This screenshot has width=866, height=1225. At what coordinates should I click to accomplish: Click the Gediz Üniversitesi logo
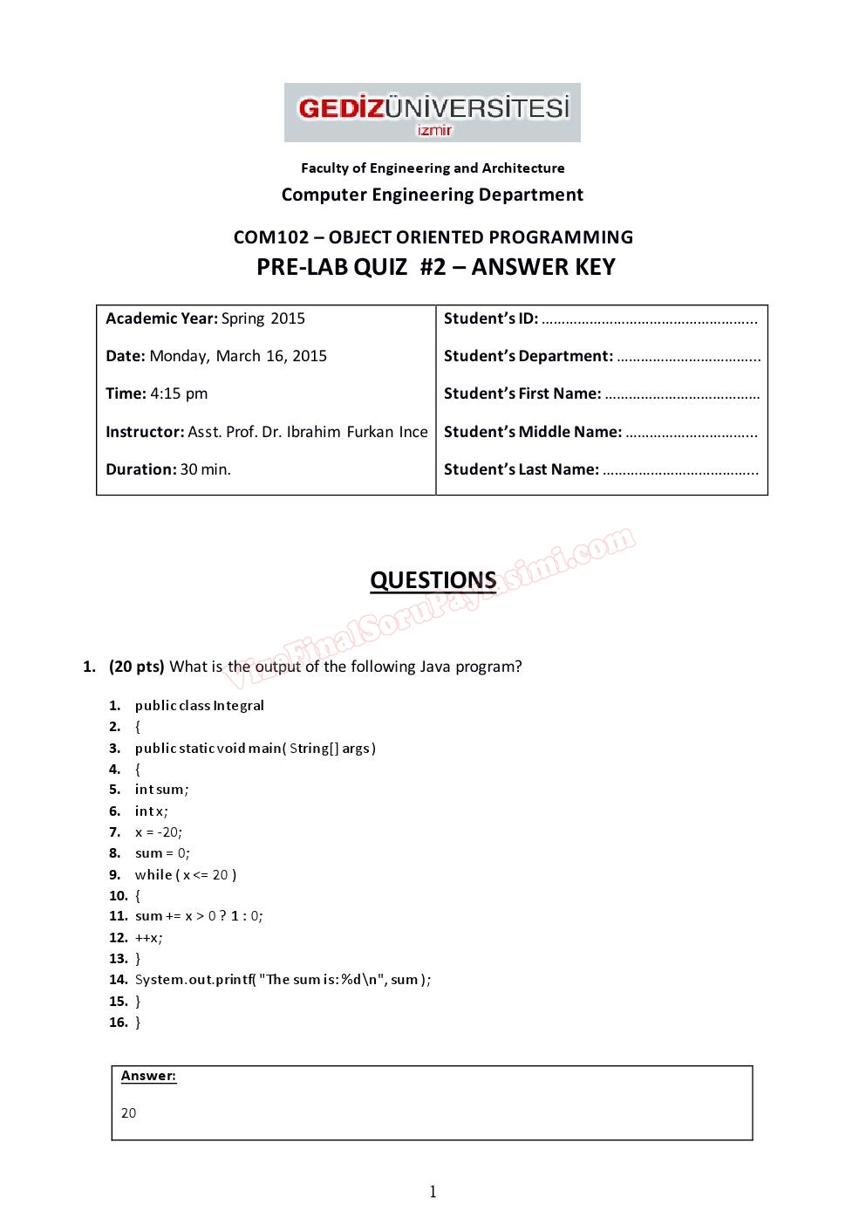[x=432, y=113]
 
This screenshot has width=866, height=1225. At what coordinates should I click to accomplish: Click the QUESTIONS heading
[x=433, y=580]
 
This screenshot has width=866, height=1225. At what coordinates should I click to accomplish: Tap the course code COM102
[x=270, y=237]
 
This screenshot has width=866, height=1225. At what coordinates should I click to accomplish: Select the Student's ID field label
[x=490, y=318]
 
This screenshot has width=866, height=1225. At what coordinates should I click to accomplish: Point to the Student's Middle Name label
[x=532, y=432]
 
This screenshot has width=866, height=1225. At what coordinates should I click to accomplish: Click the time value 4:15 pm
[x=179, y=394]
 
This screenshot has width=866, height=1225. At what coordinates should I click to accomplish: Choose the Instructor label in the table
[x=144, y=432]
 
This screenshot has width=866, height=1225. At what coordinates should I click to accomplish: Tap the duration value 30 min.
[x=205, y=469]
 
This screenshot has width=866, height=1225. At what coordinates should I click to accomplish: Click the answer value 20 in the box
[x=128, y=1113]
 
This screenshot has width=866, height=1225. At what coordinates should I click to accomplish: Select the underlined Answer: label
[x=148, y=1076]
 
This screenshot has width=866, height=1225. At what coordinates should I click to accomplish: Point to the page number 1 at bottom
[x=433, y=1192]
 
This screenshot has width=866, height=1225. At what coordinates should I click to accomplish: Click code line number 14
[x=118, y=980]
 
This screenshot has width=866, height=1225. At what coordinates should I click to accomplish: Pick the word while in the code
[x=153, y=874]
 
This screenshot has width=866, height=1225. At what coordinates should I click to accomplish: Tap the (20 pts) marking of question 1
[x=136, y=667]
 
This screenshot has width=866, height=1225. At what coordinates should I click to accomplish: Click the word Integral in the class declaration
[x=238, y=706]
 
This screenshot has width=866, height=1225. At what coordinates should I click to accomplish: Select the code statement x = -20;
[x=159, y=832]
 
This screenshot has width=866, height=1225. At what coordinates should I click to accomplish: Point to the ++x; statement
[x=148, y=938]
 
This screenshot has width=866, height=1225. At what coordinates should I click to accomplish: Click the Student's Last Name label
[x=521, y=469]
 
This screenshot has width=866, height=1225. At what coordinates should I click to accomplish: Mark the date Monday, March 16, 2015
[x=238, y=356]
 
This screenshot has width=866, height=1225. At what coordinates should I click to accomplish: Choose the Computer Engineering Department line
[x=432, y=195]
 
